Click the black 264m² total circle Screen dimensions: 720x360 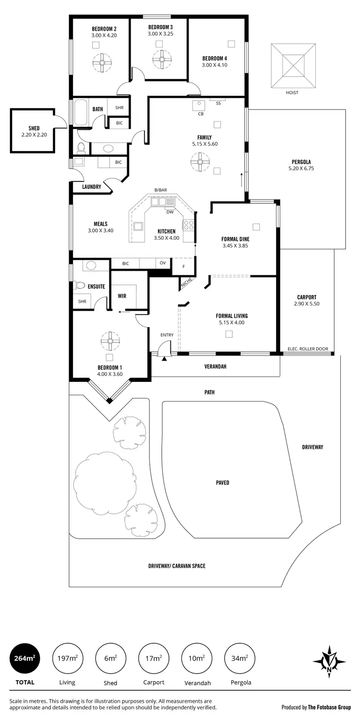coord(25,658)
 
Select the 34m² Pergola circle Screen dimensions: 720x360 coord(240,658)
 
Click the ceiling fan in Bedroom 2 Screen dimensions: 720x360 coord(102,62)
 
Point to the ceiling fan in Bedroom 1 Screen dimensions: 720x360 coord(110,341)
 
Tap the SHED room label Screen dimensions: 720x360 coord(34,128)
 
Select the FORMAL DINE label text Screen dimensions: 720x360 coord(235,239)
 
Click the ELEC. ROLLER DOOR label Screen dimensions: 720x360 coord(307,348)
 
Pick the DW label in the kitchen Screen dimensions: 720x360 coord(170,212)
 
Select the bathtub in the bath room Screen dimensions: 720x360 coord(80,112)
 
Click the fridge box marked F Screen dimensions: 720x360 coord(183,266)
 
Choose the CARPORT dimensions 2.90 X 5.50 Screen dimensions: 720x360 coord(306,304)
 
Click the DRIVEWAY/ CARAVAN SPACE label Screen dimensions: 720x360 coord(177,566)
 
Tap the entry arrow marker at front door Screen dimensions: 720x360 coord(164,358)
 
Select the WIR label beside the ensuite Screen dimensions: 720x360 coord(122,296)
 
